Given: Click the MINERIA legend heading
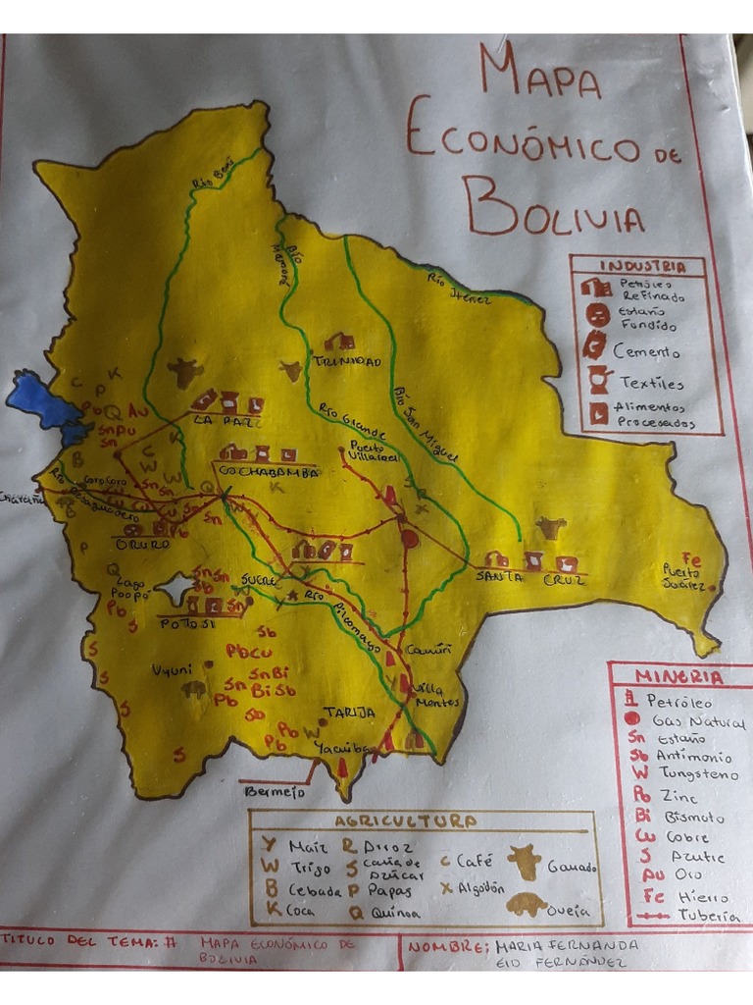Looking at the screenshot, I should [x=678, y=677].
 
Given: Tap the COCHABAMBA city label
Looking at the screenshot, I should [x=271, y=472].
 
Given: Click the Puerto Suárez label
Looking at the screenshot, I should [x=682, y=578].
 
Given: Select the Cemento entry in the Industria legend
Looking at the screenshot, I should [x=645, y=350].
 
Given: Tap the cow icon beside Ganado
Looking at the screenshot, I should [x=524, y=863].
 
